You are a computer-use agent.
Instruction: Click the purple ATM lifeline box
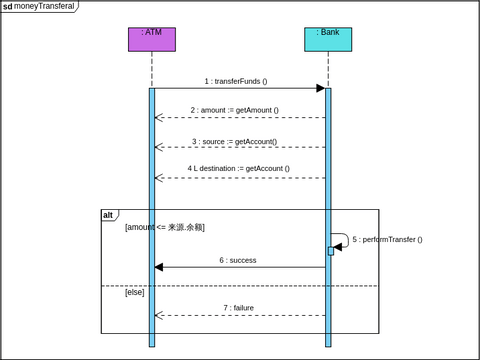pos(151,39)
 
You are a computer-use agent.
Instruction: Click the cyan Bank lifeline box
pos(328,39)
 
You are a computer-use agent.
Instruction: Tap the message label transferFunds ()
pos(236,81)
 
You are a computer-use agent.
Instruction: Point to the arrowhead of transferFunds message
pos(320,88)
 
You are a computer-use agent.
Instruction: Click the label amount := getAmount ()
pos(235,110)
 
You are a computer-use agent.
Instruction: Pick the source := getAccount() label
pos(235,141)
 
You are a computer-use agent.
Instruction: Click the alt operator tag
pos(109,215)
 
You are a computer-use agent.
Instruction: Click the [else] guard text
pos(135,292)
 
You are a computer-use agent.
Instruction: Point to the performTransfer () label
pos(387,240)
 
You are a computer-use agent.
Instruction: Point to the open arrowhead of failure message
pos(159,316)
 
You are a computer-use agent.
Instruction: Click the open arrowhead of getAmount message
pos(159,118)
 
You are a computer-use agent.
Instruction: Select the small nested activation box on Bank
pos(331,251)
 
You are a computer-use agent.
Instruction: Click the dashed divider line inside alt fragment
pos(240,286)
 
